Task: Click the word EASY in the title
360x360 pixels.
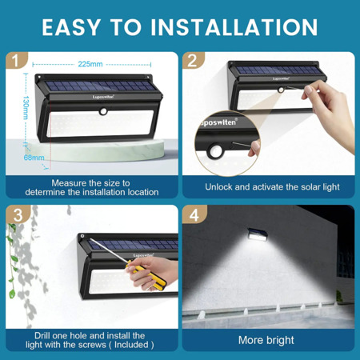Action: click(x=70, y=27)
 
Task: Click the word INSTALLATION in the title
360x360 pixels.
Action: click(x=234, y=27)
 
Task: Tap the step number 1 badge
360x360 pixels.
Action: click(x=16, y=60)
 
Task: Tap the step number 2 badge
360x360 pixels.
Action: click(x=193, y=60)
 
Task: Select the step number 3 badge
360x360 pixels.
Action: click(x=18, y=214)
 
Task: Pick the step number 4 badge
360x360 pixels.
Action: click(x=194, y=214)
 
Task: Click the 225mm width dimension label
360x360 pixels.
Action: click(x=90, y=64)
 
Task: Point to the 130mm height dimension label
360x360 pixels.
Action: click(x=26, y=107)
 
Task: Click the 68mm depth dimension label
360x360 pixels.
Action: click(x=34, y=158)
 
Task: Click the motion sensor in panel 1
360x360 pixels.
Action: click(x=103, y=111)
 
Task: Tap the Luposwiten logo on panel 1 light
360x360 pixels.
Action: click(x=103, y=97)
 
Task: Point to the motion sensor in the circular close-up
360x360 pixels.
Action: click(x=215, y=151)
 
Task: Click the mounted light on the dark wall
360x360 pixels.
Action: click(x=257, y=235)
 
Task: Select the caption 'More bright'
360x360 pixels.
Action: click(x=266, y=340)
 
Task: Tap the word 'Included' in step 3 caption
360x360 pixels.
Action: click(x=131, y=345)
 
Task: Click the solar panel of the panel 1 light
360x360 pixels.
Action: click(x=99, y=86)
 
